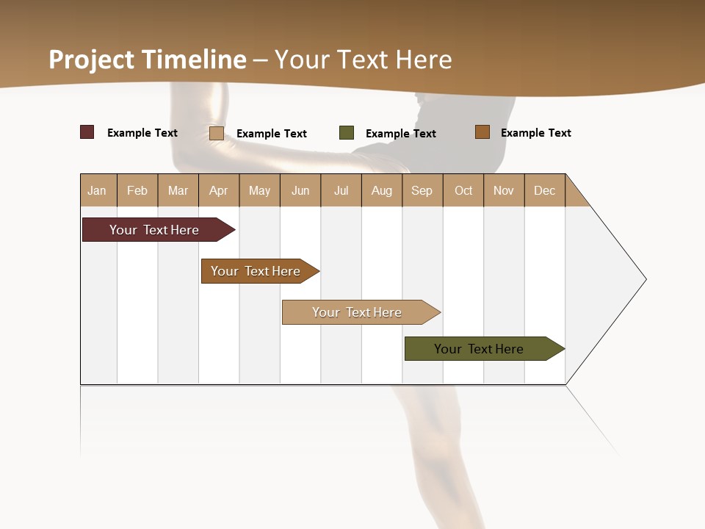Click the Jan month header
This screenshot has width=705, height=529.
[x=98, y=190]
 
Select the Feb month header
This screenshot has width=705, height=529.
[x=137, y=190]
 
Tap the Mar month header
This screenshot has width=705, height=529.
[x=178, y=190]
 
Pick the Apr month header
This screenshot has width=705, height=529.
[x=219, y=190]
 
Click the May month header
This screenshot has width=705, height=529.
[x=259, y=190]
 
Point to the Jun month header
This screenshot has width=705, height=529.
[x=300, y=190]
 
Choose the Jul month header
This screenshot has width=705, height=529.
[x=341, y=190]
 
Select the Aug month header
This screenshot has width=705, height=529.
[x=382, y=190]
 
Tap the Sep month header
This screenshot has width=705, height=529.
[x=422, y=190]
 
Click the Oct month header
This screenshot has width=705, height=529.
[x=463, y=190]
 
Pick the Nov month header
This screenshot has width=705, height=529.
[x=504, y=190]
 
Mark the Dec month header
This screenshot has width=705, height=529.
[x=545, y=190]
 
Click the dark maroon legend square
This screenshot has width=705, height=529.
[x=87, y=132]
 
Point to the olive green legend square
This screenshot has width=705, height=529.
[x=347, y=133]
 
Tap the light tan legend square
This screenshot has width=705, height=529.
[x=217, y=133]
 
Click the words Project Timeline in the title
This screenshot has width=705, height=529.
[x=148, y=60]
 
